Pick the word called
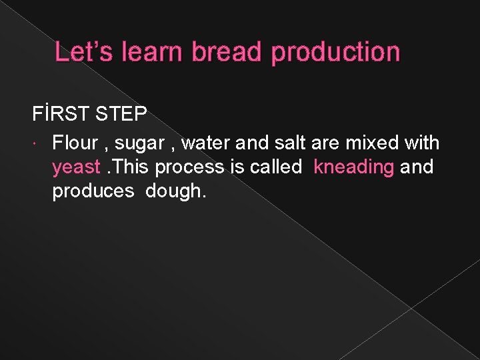point(276,167)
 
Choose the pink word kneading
point(354,167)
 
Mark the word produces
point(93,191)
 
